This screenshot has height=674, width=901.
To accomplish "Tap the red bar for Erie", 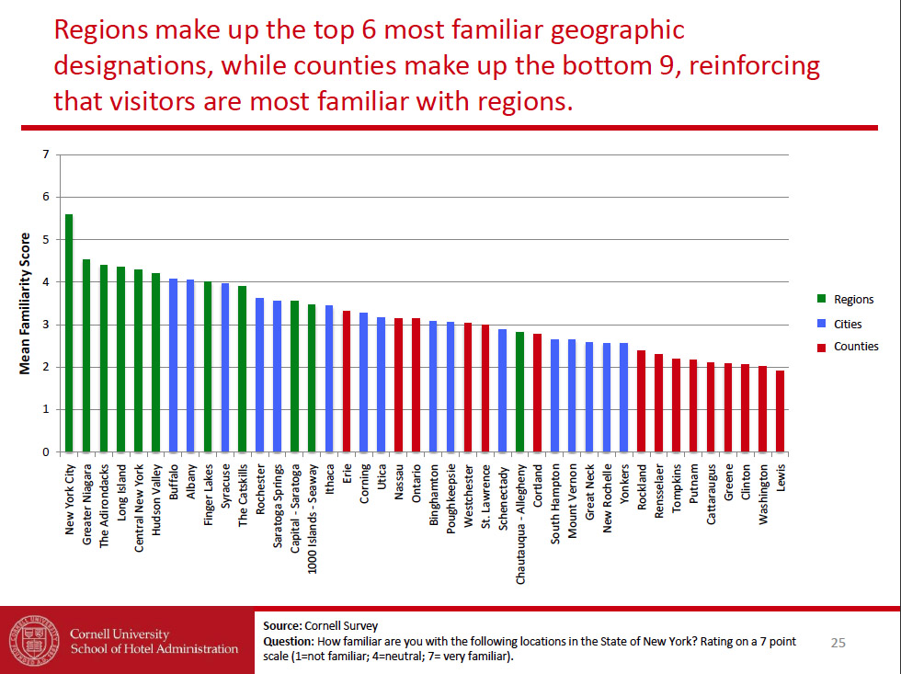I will point(347,382).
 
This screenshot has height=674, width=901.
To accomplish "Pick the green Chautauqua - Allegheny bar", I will point(519,392).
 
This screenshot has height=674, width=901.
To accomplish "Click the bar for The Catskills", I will point(243,369).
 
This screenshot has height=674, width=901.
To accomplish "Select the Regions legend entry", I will point(853,300).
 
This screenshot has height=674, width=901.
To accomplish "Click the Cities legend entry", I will point(848,324).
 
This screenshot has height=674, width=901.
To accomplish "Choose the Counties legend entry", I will point(855,347).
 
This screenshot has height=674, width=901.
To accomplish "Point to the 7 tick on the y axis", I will point(45,154).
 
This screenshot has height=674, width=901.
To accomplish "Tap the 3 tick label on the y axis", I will point(45,325).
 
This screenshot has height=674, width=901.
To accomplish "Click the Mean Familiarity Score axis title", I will point(26,303).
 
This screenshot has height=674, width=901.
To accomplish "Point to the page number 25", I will point(838,642).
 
